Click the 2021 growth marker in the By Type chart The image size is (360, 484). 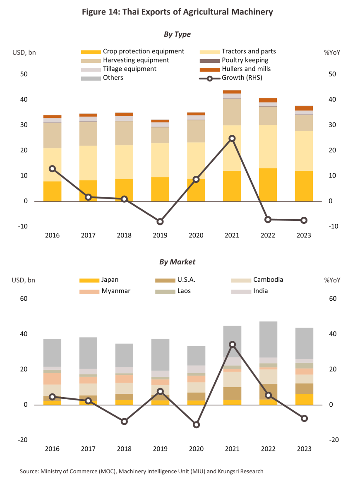pyautogui.click(x=232, y=139)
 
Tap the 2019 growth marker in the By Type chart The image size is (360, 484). pyautogui.click(x=160, y=222)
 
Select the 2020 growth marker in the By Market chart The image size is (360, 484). pyautogui.click(x=196, y=425)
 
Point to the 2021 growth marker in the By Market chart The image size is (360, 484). pyautogui.click(x=232, y=345)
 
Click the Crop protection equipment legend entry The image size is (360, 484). pyautogui.click(x=132, y=52)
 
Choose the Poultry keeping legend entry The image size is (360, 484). pyautogui.click(x=234, y=60)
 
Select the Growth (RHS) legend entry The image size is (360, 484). pyautogui.click(x=230, y=78)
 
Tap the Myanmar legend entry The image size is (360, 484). pyautogui.click(x=105, y=291)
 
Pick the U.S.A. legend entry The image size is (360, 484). pyautogui.click(x=175, y=280)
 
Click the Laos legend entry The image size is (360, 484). pyautogui.click(x=173, y=291)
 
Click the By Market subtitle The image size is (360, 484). pyautogui.click(x=177, y=262)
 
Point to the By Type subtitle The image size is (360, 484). pyautogui.click(x=177, y=34)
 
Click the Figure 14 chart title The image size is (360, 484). pyautogui.click(x=177, y=12)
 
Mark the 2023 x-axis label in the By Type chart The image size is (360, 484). pyautogui.click(x=304, y=235)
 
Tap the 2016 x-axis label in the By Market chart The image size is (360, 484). pyautogui.click(x=52, y=449)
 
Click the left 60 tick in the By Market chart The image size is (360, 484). pyautogui.click(x=24, y=299)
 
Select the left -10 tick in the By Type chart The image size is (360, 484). pyautogui.click(x=23, y=226)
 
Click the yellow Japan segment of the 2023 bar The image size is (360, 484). pyautogui.click(x=304, y=400)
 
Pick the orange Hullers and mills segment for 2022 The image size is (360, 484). pyautogui.click(x=268, y=100)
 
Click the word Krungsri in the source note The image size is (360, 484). pyautogui.click(x=229, y=471)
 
